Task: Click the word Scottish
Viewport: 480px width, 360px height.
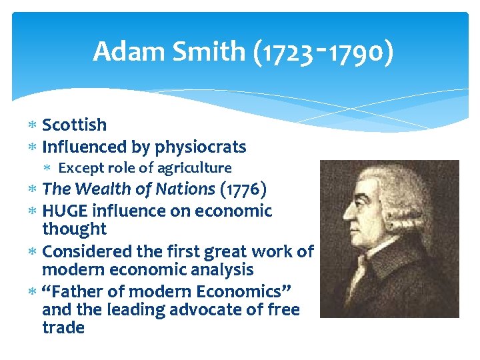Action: tap(74, 125)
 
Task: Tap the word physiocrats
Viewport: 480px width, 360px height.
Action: tap(201, 147)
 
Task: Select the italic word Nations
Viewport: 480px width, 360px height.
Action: tap(185, 189)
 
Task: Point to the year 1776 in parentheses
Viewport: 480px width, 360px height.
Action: tap(243, 189)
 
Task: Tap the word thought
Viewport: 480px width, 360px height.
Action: tap(74, 229)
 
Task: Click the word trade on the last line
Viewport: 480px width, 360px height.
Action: tap(63, 328)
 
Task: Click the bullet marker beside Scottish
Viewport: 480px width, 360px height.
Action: tap(34, 125)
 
